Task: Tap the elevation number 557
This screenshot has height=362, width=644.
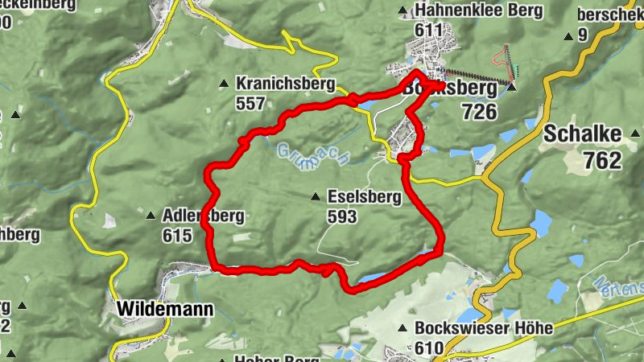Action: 251,103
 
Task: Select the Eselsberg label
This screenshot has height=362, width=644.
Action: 364,196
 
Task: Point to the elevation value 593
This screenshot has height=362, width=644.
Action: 344,216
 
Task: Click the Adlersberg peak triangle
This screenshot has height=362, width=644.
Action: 151,216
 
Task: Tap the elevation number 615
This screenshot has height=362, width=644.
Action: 177,236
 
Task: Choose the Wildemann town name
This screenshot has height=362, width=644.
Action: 165,309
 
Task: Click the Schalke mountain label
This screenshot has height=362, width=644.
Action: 583,134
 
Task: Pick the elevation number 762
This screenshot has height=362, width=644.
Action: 603,160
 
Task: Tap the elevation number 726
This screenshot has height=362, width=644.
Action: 479,111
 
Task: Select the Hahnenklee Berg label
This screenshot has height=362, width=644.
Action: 478,11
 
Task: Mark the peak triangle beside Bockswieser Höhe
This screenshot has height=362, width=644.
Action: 402,328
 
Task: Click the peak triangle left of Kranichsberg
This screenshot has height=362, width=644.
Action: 224,83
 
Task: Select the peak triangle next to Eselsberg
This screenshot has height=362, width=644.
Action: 316,196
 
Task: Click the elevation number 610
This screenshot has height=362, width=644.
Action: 430,348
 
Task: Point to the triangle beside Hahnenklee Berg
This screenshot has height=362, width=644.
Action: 402,11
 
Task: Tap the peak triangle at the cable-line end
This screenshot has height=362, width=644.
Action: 511,84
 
